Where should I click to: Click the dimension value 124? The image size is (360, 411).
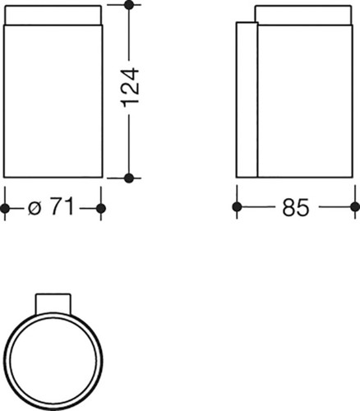(x=130, y=87)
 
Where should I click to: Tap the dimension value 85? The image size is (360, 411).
(x=295, y=207)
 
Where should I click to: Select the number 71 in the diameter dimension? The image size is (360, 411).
(x=62, y=207)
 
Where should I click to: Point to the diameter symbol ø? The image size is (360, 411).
(x=35, y=209)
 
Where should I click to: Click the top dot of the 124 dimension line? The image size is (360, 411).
(x=129, y=5)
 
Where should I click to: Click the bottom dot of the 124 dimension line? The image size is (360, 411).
(x=129, y=178)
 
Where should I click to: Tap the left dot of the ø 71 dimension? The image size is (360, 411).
(x=5, y=209)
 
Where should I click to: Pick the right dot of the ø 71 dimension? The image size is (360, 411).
(x=101, y=209)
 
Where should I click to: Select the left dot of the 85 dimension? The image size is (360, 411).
(x=237, y=207)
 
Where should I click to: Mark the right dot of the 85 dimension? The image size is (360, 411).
(x=355, y=207)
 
